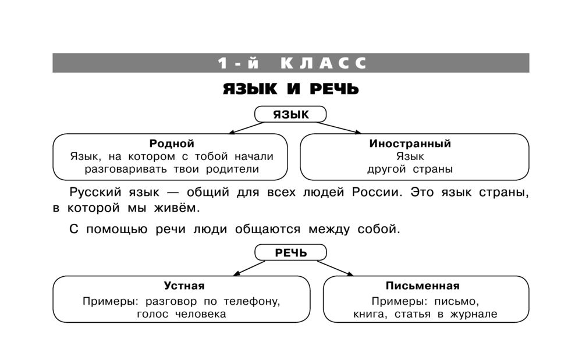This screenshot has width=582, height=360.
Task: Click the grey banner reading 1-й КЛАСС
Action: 291,63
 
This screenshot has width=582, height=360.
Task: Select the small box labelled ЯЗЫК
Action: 291,115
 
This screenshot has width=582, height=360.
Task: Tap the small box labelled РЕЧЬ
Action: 291,252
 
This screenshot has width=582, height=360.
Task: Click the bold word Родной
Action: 172,144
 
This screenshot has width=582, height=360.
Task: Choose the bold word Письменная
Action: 423,286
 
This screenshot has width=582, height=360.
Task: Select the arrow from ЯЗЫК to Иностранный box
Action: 336,127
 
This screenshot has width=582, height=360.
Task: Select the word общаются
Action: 268,229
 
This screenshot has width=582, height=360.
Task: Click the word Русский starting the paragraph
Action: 94,193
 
